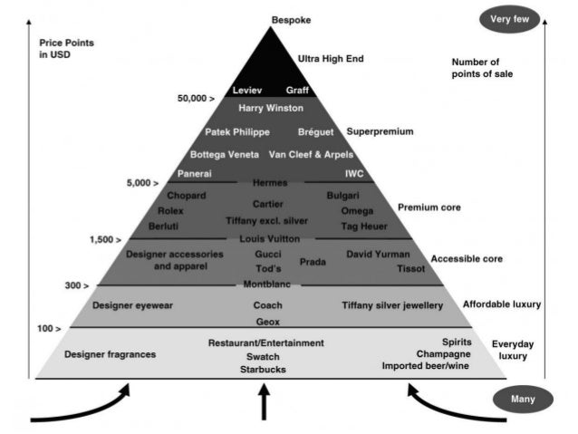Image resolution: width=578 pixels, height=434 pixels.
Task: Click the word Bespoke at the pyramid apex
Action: coord(290,19)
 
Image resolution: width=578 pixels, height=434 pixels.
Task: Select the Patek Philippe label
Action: coord(237,132)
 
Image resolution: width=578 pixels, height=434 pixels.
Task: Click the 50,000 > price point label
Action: coord(196,97)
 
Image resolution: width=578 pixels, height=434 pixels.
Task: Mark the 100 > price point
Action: coord(50,327)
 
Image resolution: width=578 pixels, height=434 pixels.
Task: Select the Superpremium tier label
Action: coord(380,131)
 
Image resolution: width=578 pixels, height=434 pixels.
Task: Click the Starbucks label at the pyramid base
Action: coord(263,370)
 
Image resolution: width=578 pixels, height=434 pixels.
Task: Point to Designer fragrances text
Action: coord(111,354)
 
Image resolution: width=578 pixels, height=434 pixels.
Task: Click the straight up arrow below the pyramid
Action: coord(265,404)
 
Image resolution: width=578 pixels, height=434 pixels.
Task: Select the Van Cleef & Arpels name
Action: coord(312,155)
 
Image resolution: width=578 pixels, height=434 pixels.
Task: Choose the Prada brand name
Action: coord(313,261)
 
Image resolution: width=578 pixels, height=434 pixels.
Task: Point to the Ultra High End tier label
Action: coord(331,59)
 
